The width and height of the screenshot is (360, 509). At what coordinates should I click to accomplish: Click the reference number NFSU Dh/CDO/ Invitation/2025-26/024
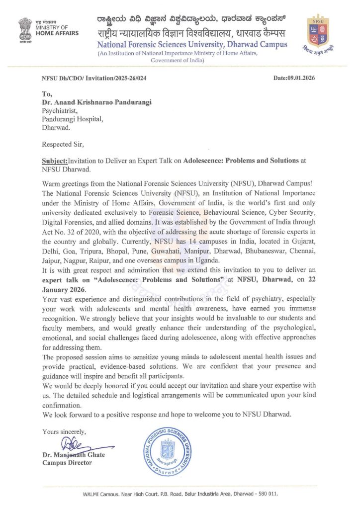pyautogui.click(x=94, y=78)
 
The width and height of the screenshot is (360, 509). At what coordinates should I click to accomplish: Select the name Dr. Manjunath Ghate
pyautogui.click(x=74, y=455)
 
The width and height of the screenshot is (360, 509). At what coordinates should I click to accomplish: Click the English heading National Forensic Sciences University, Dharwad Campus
pyautogui.click(x=192, y=44)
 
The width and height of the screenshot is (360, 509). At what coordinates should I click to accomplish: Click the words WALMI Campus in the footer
pyautogui.click(x=102, y=495)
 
